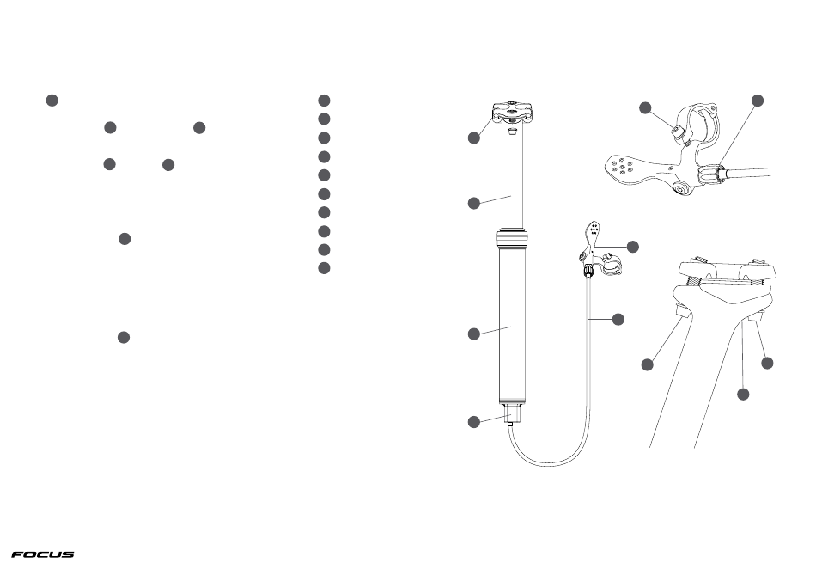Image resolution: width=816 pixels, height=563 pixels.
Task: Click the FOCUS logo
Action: coord(43,554)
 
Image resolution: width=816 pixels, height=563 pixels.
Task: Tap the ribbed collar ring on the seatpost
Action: coord(513,238)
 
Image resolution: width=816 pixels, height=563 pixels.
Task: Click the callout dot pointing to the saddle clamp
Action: coord(474,138)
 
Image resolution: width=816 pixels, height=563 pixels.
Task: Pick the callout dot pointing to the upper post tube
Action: coord(474,203)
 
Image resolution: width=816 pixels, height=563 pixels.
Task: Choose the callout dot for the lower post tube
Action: coord(474,334)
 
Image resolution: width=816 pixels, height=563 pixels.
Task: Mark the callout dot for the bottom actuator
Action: coord(474,422)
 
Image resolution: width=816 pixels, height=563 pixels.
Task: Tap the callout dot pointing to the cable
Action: coord(618,319)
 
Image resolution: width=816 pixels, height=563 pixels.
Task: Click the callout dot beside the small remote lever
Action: coord(633,247)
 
